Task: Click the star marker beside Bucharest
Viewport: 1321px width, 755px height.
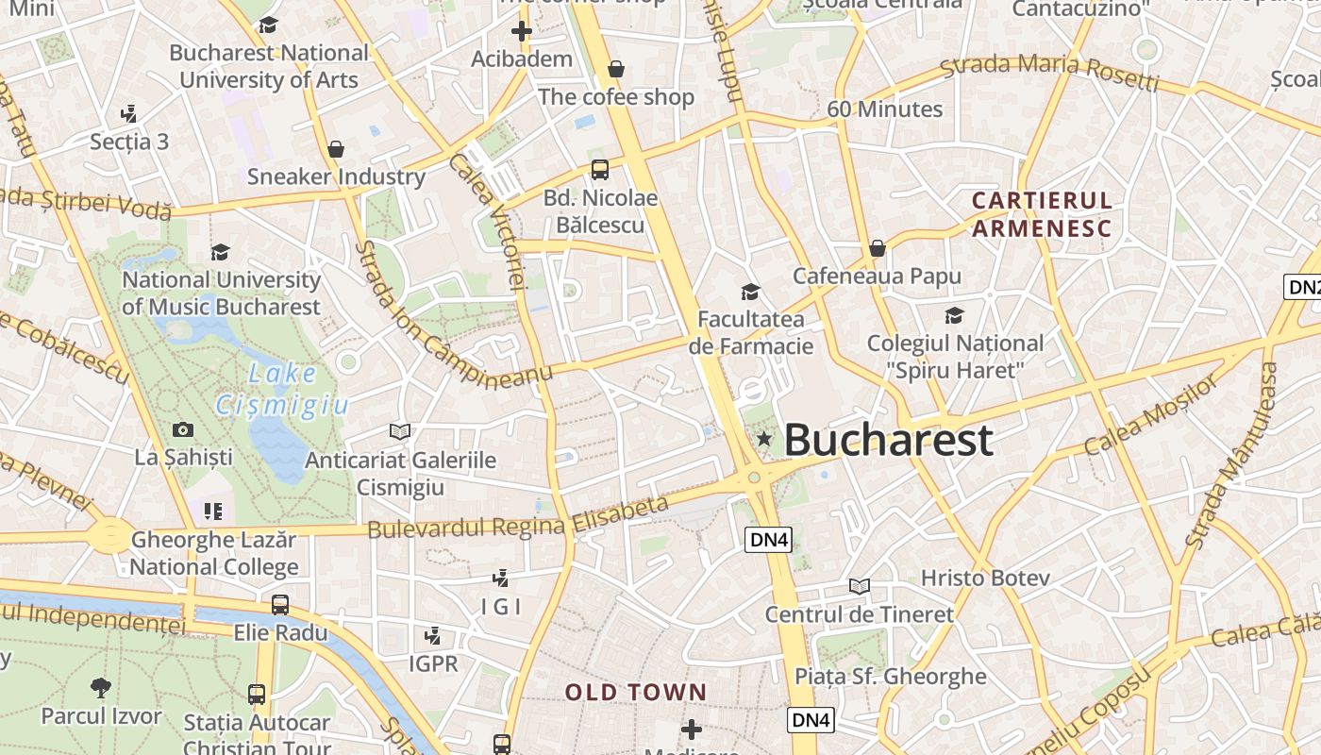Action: [764, 439]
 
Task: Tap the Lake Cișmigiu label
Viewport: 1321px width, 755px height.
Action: [282, 390]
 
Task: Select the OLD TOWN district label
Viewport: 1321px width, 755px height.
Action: [636, 693]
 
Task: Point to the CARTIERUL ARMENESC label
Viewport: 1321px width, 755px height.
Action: [1042, 214]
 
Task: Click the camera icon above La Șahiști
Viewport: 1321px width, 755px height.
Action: [183, 430]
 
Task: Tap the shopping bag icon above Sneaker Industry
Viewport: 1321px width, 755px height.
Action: [335, 149]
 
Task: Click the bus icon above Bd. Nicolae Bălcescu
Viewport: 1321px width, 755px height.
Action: [600, 170]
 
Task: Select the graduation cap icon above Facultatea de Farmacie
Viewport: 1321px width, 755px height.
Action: [751, 292]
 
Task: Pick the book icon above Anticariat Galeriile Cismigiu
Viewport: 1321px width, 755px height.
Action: [400, 431]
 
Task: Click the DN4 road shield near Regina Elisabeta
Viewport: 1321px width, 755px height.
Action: [769, 540]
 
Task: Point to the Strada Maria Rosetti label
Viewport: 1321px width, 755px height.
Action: [1049, 73]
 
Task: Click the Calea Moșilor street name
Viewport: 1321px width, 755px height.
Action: [1150, 415]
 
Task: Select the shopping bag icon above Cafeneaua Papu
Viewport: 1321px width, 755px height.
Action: [878, 248]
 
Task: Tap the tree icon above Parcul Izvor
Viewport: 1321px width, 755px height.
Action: [101, 687]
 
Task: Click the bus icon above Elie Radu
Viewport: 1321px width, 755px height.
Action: [280, 605]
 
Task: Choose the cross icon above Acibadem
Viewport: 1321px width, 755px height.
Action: [522, 31]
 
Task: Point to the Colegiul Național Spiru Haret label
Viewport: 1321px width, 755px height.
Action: [955, 356]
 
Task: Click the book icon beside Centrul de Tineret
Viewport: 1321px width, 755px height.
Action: [859, 586]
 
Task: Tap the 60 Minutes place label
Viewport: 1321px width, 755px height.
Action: [884, 109]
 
